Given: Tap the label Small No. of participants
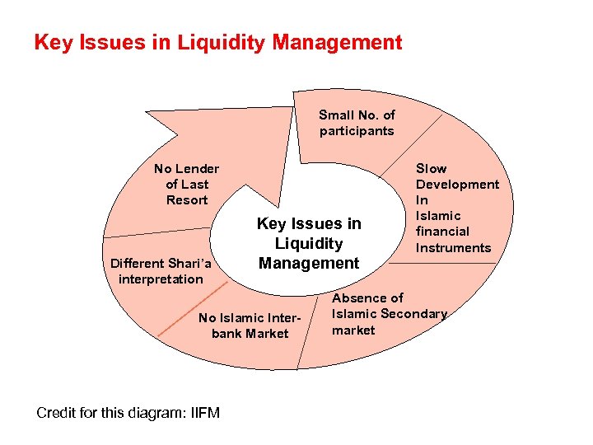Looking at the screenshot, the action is tap(357, 123).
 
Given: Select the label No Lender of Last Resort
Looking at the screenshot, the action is tap(187, 185).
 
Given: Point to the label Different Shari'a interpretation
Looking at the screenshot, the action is tap(161, 271).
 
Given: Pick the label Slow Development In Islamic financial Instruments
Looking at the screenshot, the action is tap(456, 208).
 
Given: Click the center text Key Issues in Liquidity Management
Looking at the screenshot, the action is tap(309, 243).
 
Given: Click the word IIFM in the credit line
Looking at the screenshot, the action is tap(202, 412).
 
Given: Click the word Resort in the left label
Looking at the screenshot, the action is tap(187, 200).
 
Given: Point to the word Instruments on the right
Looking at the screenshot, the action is tap(453, 248).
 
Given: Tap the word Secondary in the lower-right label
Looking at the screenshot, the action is tap(413, 314).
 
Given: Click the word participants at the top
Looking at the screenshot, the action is tap(357, 131).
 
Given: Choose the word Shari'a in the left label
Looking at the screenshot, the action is tap(190, 264).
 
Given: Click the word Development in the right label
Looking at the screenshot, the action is tap(457, 185).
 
